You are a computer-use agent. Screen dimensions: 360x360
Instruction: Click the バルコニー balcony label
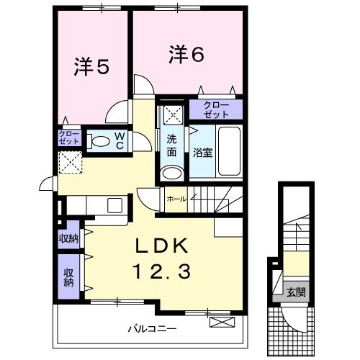click(153, 328)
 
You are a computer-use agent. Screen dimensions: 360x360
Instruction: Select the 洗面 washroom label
click(172, 145)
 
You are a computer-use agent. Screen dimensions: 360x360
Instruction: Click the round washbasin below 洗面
click(171, 173)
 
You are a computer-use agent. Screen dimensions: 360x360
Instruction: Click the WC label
click(119, 140)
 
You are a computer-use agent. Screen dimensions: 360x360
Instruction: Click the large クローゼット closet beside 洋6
click(216, 110)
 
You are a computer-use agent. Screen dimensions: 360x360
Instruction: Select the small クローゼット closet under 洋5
click(69, 138)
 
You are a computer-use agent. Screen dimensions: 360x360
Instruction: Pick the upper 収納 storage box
click(69, 239)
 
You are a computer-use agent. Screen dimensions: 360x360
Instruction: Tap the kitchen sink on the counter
click(115, 205)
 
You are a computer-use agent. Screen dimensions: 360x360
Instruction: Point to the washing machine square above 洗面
click(171, 114)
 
